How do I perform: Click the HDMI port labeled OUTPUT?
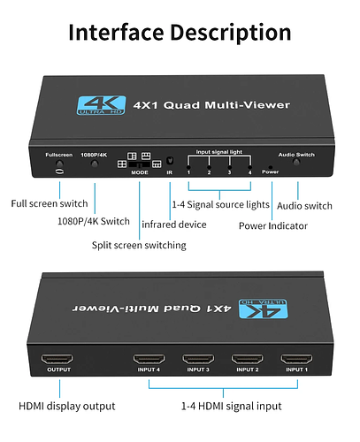tap(57, 359)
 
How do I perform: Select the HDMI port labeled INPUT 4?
tap(149, 359)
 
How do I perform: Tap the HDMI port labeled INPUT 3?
tap(198, 359)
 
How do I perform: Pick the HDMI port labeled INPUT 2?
tap(248, 359)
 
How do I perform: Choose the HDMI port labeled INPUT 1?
tap(296, 359)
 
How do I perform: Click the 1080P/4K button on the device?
tap(95, 164)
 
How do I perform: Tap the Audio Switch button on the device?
tap(296, 162)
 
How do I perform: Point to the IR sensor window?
tap(170, 161)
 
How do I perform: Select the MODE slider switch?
tap(140, 164)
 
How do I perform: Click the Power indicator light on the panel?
tap(271, 167)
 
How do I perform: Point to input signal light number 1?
tap(188, 168)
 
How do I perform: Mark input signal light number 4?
tap(250, 167)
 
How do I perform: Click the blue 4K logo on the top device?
tap(101, 105)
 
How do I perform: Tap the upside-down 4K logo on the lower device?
tap(263, 309)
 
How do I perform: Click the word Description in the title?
tap(231, 33)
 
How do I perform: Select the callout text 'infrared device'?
tap(174, 225)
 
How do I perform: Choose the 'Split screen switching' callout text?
tap(139, 245)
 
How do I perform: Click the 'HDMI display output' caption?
tap(67, 406)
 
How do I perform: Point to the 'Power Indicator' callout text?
tap(273, 226)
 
